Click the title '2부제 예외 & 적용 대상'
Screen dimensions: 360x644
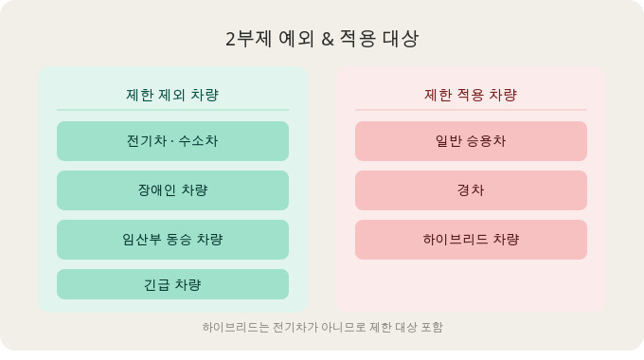click(x=322, y=39)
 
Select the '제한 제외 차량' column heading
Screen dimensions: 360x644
click(x=172, y=95)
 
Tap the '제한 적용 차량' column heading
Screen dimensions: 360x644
click(x=471, y=95)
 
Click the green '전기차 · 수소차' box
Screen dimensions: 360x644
click(x=172, y=141)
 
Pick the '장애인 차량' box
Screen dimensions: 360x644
click(x=172, y=190)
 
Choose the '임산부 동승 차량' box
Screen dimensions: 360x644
click(x=172, y=240)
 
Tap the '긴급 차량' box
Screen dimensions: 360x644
click(x=172, y=284)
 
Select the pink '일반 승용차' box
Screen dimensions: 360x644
click(x=471, y=141)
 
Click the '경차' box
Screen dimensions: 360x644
click(x=471, y=190)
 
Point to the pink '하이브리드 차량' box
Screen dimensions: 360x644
click(x=471, y=240)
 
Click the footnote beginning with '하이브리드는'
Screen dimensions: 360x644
click(x=322, y=328)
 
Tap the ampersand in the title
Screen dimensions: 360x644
click(x=328, y=40)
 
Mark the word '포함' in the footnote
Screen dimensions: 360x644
click(x=431, y=328)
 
